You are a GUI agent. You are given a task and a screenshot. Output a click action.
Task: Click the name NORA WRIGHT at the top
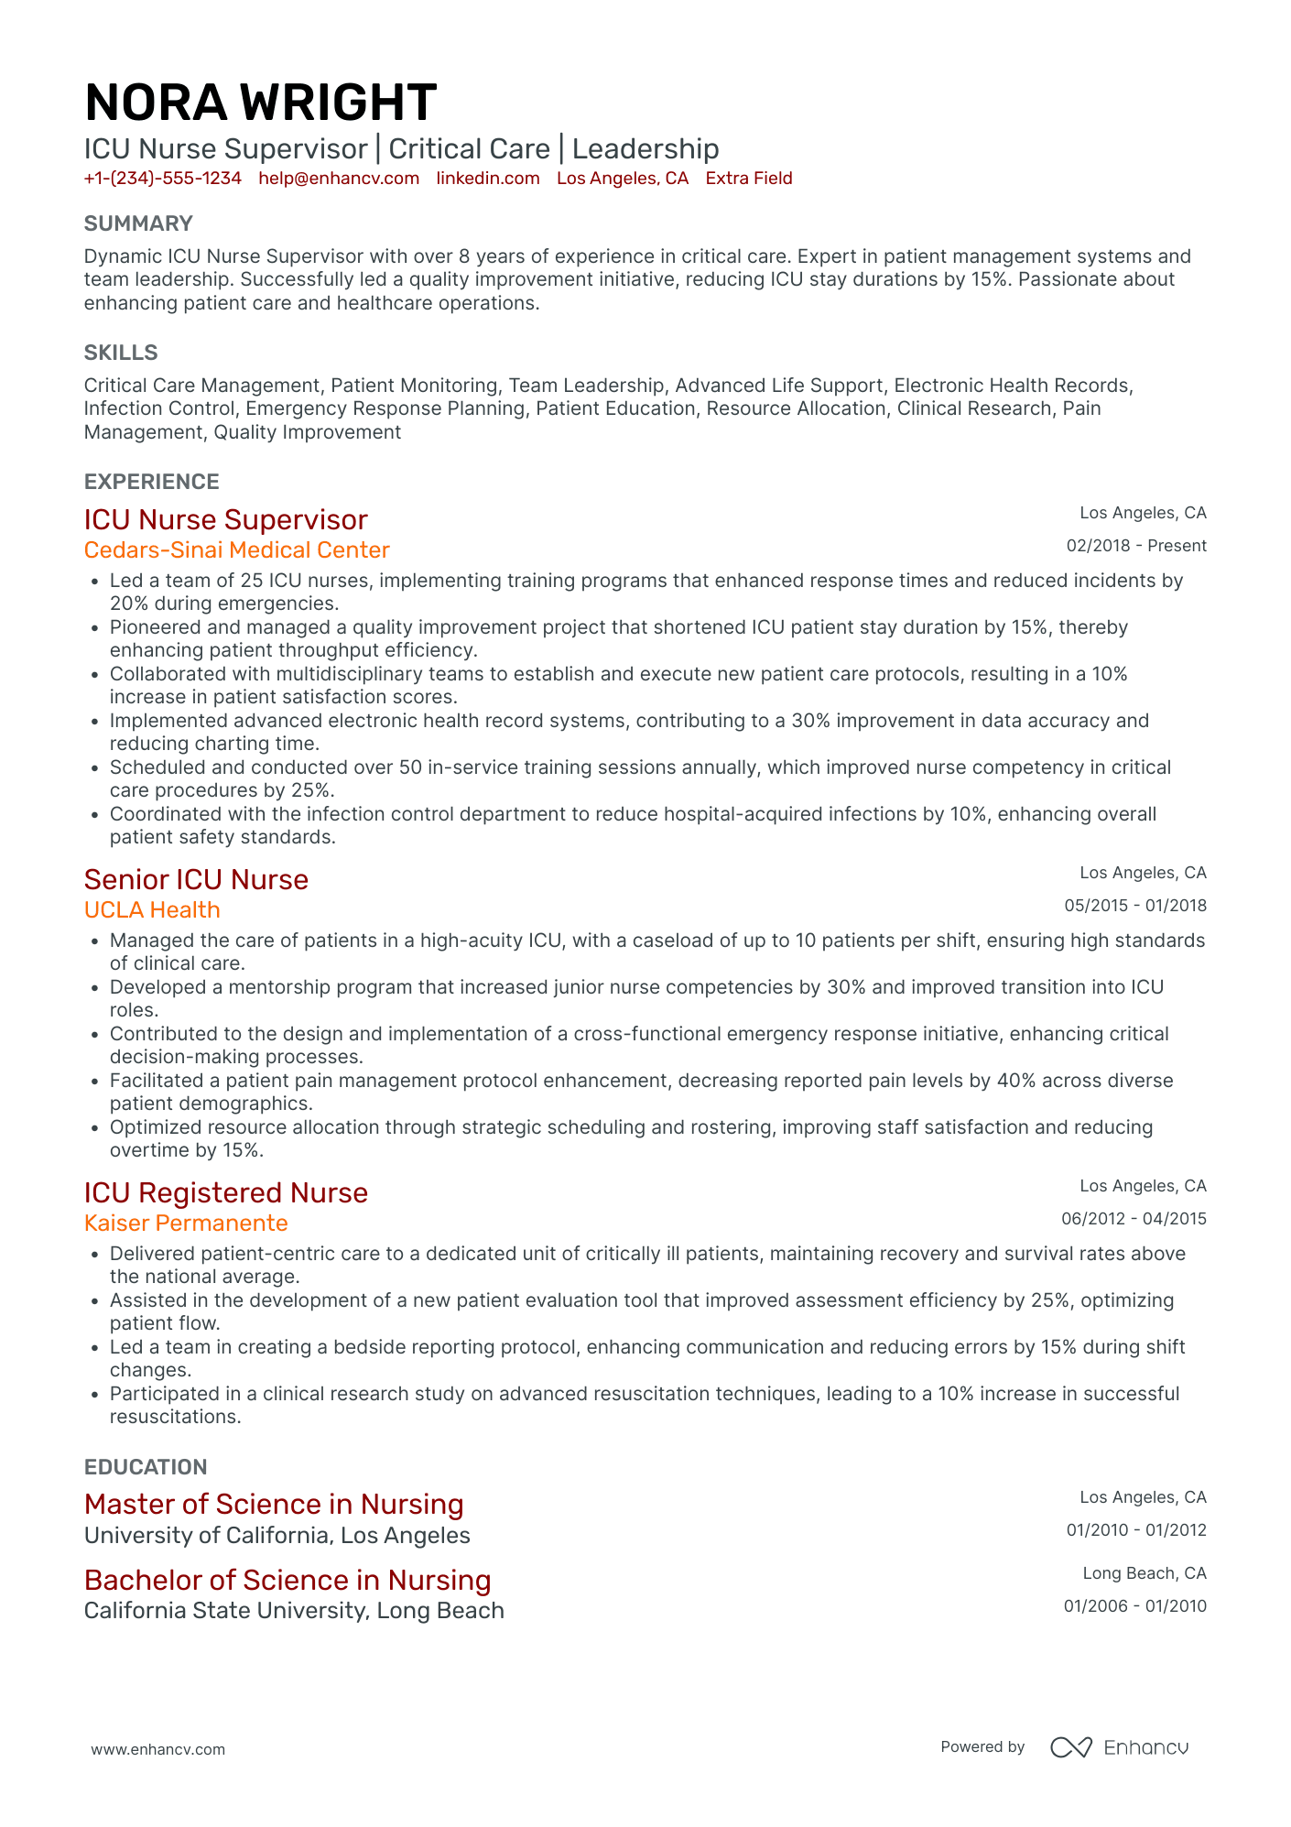pyautogui.click(x=260, y=103)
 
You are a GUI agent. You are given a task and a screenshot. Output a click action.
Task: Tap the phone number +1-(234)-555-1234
pyautogui.click(x=162, y=179)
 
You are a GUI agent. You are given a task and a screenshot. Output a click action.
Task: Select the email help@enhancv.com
pyautogui.click(x=339, y=179)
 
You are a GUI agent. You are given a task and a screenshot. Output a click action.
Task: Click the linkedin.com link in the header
pyautogui.click(x=488, y=179)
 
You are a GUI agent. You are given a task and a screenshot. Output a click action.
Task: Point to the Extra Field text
pyautogui.click(x=748, y=179)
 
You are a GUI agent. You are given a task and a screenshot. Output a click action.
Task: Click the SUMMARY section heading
pyautogui.click(x=138, y=223)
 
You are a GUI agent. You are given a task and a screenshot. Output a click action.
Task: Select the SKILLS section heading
pyautogui.click(x=121, y=353)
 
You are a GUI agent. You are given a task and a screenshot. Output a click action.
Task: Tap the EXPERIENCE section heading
pyautogui.click(x=152, y=482)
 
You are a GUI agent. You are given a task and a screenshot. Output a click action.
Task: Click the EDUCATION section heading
pyautogui.click(x=146, y=1467)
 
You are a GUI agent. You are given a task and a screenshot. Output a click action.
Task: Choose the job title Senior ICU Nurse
pyautogui.click(x=196, y=880)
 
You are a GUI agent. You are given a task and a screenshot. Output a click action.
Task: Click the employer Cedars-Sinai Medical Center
pyautogui.click(x=236, y=550)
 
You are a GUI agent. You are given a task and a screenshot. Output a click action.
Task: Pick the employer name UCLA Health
pyautogui.click(x=152, y=910)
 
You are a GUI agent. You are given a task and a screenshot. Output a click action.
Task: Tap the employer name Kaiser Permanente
pyautogui.click(x=186, y=1223)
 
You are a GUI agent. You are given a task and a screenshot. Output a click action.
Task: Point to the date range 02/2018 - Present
pyautogui.click(x=1136, y=546)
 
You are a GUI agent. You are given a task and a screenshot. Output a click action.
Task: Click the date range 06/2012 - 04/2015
pyautogui.click(x=1134, y=1219)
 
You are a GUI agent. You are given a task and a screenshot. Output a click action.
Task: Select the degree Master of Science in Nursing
pyautogui.click(x=274, y=1505)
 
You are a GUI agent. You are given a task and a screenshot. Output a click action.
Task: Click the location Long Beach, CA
pyautogui.click(x=1145, y=1573)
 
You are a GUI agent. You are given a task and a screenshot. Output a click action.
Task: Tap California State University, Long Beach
pyautogui.click(x=294, y=1611)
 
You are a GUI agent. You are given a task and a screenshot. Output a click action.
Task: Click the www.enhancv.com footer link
pyautogui.click(x=157, y=1749)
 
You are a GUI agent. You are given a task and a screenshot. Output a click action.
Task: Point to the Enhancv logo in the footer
pyautogui.click(x=1119, y=1747)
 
